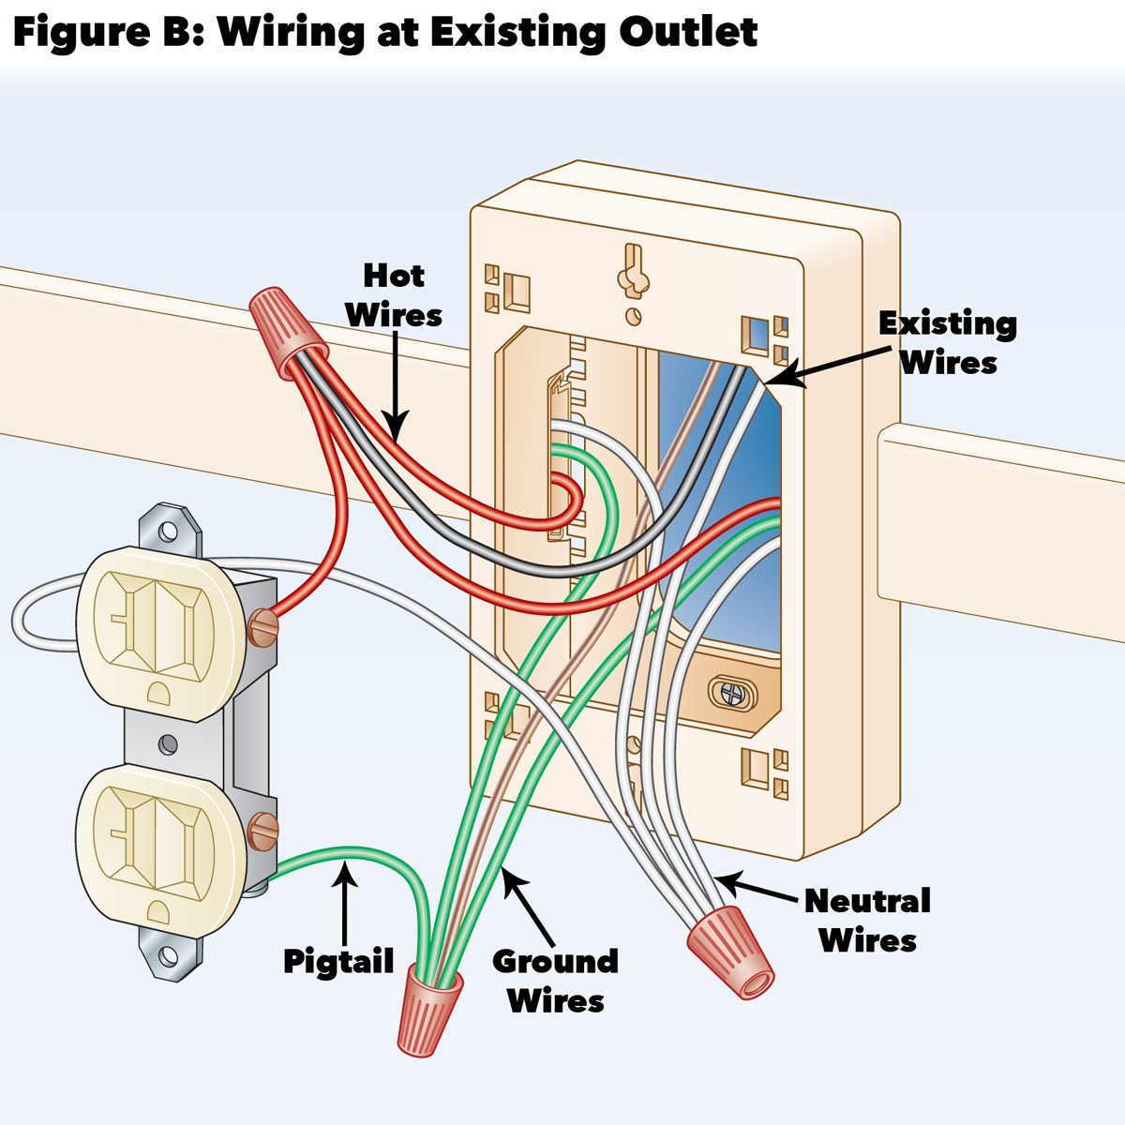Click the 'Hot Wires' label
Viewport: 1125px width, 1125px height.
coord(394,295)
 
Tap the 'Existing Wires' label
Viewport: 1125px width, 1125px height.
coord(948,343)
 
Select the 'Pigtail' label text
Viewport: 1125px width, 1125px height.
coord(338,962)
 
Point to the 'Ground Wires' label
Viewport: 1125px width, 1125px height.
coord(555,981)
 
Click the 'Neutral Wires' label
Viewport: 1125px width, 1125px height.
coord(867,920)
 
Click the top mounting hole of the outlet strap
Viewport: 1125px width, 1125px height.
coord(169,531)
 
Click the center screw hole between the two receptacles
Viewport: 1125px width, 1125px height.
coord(169,744)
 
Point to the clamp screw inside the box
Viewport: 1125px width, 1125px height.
coord(727,692)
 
